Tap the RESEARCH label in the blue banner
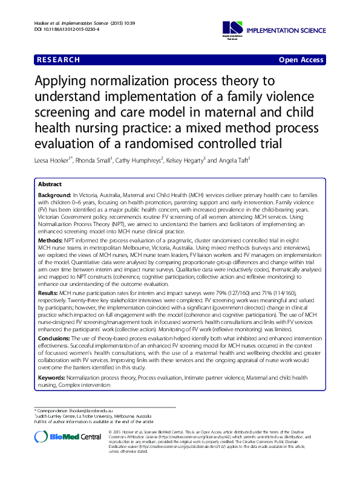point(58,60)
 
